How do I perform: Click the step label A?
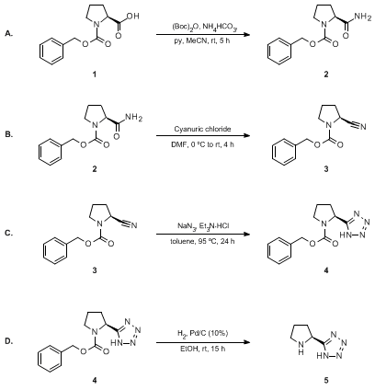[x=9, y=34]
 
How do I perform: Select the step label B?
[x=9, y=134]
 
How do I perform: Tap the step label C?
[x=9, y=234]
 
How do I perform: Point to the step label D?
[x=9, y=340]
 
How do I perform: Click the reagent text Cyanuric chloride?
[x=202, y=129]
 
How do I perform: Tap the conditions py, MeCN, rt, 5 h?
[x=202, y=40]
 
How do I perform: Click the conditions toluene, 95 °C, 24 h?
[x=202, y=241]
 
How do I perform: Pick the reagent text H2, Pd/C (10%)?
[x=202, y=333]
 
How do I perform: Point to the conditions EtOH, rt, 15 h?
[x=202, y=349]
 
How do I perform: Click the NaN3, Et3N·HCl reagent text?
[x=203, y=226]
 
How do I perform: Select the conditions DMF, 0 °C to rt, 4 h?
[x=202, y=144]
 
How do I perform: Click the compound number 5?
[x=326, y=381]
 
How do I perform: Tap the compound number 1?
[x=95, y=75]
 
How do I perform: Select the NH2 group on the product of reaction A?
[x=362, y=17]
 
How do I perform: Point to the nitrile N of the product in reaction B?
[x=363, y=127]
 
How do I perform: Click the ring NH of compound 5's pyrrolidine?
[x=301, y=349]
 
